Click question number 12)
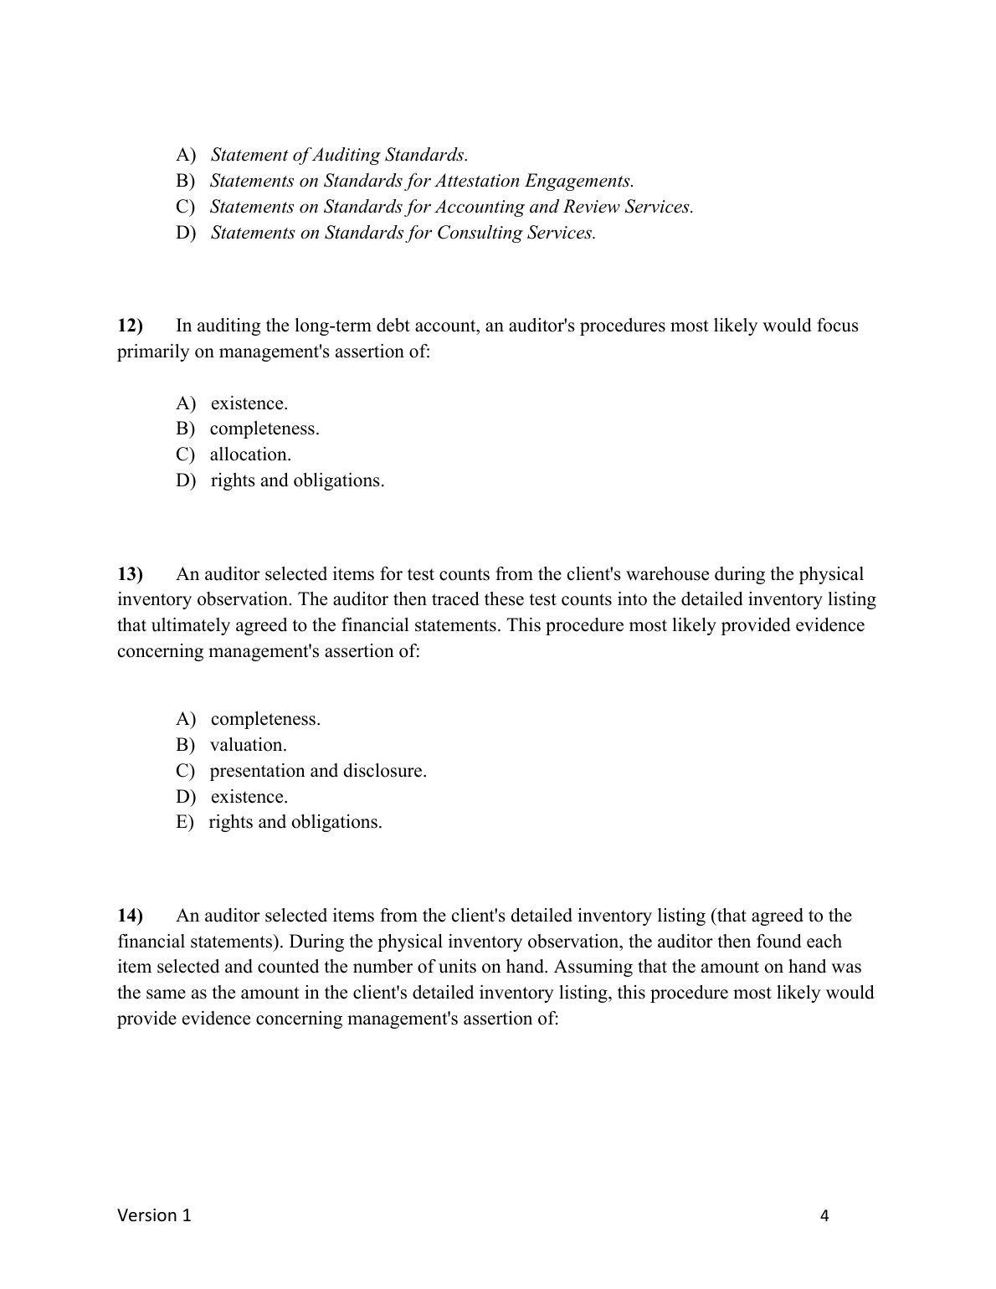[x=131, y=326]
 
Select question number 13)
[x=131, y=574]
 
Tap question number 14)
[x=131, y=916]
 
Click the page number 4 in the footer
[x=824, y=1216]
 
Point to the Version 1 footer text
[x=154, y=1215]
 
